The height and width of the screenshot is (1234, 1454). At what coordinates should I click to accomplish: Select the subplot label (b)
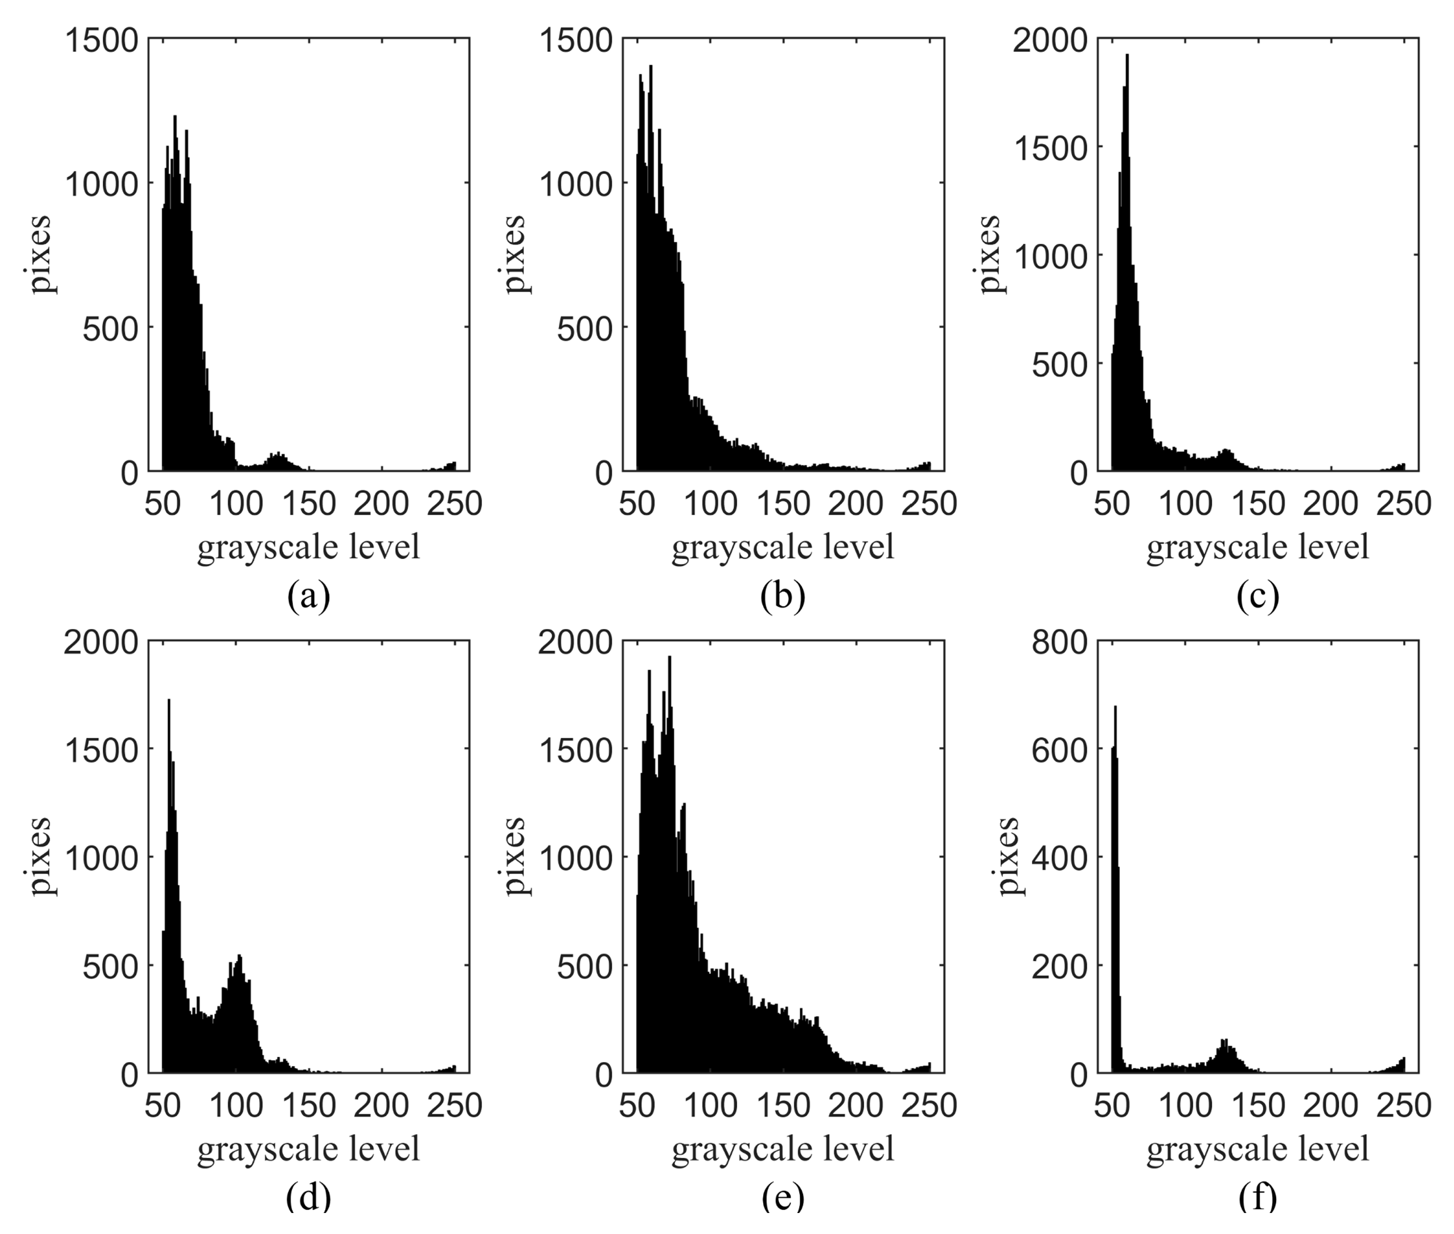coord(782,597)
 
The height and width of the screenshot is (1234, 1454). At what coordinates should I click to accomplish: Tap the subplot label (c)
coord(1257,597)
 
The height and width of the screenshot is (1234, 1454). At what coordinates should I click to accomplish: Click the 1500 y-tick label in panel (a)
coord(102,40)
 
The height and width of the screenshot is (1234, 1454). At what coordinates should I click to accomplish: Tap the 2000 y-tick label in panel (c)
coord(1050,40)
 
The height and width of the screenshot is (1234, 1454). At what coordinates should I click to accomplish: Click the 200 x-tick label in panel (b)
coord(856,504)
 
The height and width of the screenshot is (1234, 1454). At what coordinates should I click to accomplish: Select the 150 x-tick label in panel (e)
coord(783,1105)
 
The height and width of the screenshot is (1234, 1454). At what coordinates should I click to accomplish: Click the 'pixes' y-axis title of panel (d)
coord(40,856)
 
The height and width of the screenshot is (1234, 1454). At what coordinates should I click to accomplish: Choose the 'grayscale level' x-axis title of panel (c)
coord(1257,546)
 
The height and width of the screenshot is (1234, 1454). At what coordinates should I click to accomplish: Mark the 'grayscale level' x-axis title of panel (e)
coord(782,1148)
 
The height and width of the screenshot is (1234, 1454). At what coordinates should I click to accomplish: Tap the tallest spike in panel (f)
coord(1115,708)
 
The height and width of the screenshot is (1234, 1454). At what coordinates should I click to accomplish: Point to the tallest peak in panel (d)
coord(168,701)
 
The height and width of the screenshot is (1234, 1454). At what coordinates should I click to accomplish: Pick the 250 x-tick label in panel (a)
coord(454,504)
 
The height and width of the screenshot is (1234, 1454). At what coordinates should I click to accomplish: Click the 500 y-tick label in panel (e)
coord(585,967)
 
